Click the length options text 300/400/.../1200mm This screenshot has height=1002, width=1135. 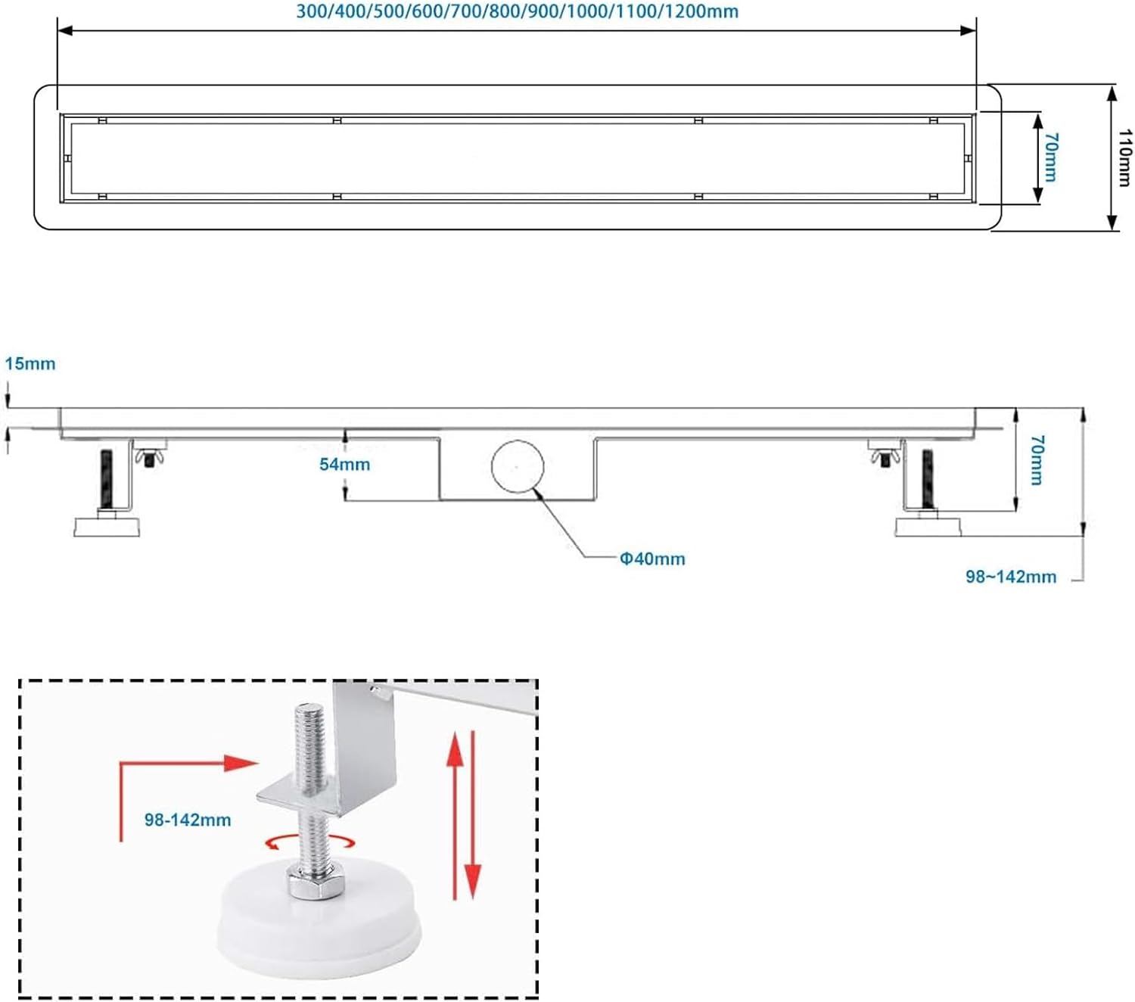(x=517, y=12)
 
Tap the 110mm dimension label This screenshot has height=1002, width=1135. (x=1124, y=157)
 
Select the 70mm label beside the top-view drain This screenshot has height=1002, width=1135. (x=1050, y=157)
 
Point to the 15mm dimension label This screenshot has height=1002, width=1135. (x=30, y=364)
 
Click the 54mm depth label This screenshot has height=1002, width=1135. (x=344, y=465)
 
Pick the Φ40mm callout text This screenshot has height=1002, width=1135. (x=652, y=559)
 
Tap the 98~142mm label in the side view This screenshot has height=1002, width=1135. (x=1010, y=577)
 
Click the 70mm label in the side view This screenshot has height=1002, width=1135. (x=1037, y=459)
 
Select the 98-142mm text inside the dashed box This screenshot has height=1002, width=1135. (x=188, y=820)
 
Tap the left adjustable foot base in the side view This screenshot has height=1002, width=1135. (x=107, y=526)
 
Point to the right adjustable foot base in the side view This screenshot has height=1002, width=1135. (x=928, y=526)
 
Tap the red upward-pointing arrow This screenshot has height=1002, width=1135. (x=455, y=814)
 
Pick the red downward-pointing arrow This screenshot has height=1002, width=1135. (x=473, y=817)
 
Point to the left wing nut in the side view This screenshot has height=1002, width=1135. (x=149, y=456)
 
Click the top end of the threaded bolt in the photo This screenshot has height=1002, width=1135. (x=308, y=710)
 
